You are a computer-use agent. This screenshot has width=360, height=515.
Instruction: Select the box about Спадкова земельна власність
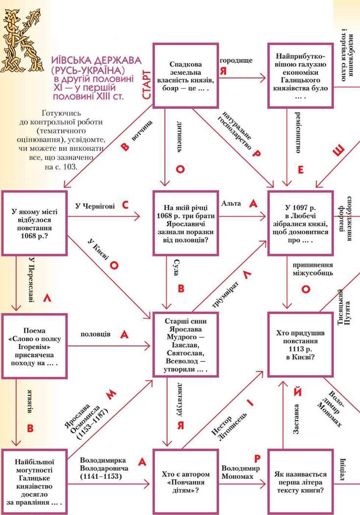tap(186, 76)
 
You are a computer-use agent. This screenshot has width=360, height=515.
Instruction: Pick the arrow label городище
tap(236, 60)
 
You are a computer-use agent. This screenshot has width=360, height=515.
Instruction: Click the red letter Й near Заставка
tap(297, 393)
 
